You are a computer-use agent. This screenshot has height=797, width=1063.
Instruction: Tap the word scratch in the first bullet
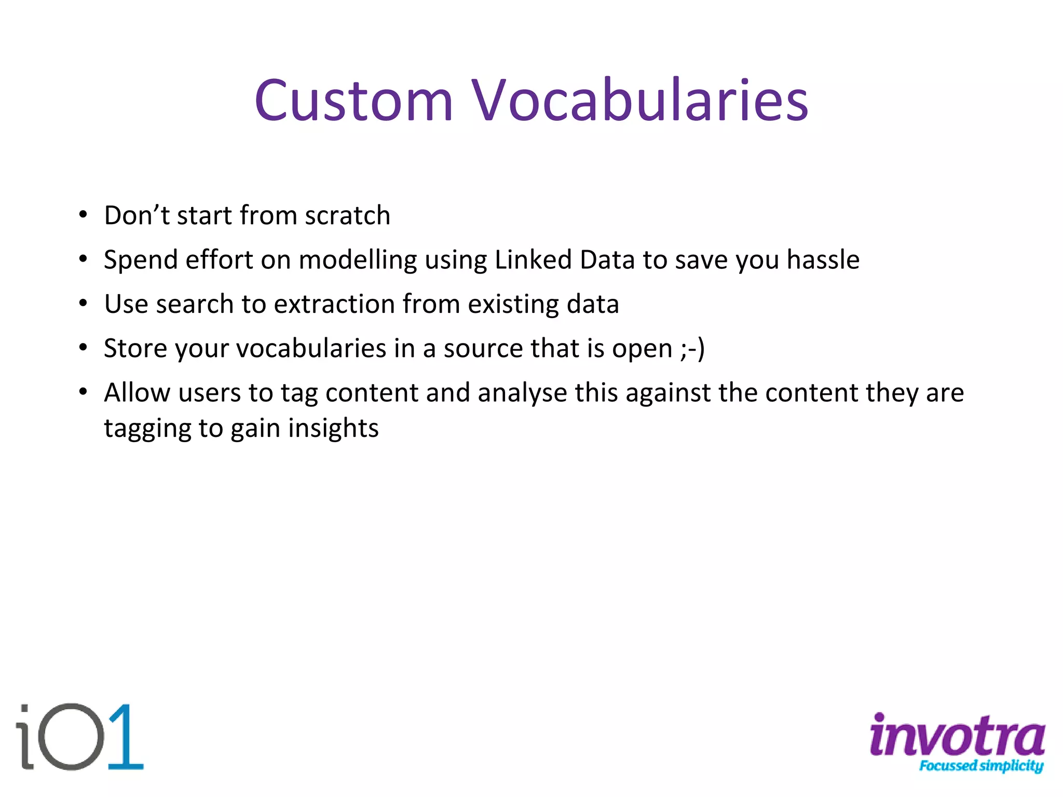347,215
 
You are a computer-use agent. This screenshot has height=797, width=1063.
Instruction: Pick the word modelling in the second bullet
358,260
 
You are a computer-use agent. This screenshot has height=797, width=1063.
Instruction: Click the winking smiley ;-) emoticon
692,349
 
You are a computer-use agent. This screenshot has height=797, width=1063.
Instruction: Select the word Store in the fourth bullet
135,348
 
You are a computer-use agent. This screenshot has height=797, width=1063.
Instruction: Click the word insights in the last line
333,429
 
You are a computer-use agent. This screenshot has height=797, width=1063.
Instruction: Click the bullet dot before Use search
83,305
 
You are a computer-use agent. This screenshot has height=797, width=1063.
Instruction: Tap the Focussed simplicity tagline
981,766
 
